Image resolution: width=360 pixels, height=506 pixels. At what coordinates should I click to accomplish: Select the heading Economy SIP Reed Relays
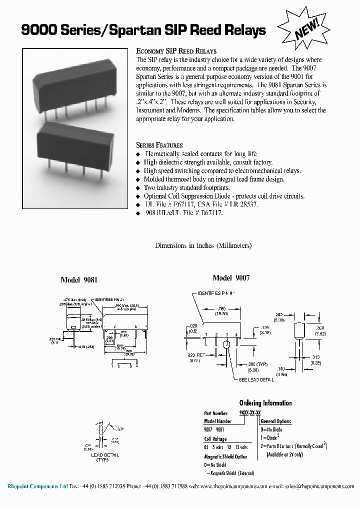(176, 51)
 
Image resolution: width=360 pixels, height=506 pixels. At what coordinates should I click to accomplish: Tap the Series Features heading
(159, 145)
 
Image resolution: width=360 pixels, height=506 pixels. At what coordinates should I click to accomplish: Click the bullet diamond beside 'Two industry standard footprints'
(139, 187)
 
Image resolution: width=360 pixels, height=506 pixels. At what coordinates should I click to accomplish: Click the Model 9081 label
(78, 280)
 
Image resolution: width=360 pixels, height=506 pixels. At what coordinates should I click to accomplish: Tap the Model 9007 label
(231, 278)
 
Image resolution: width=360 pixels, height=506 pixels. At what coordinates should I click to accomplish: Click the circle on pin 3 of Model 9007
(226, 344)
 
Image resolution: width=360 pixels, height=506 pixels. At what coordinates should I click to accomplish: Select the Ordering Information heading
(265, 403)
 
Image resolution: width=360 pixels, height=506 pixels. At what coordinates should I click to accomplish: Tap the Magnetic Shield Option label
(225, 456)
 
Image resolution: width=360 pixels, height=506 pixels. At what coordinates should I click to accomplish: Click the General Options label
(275, 421)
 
